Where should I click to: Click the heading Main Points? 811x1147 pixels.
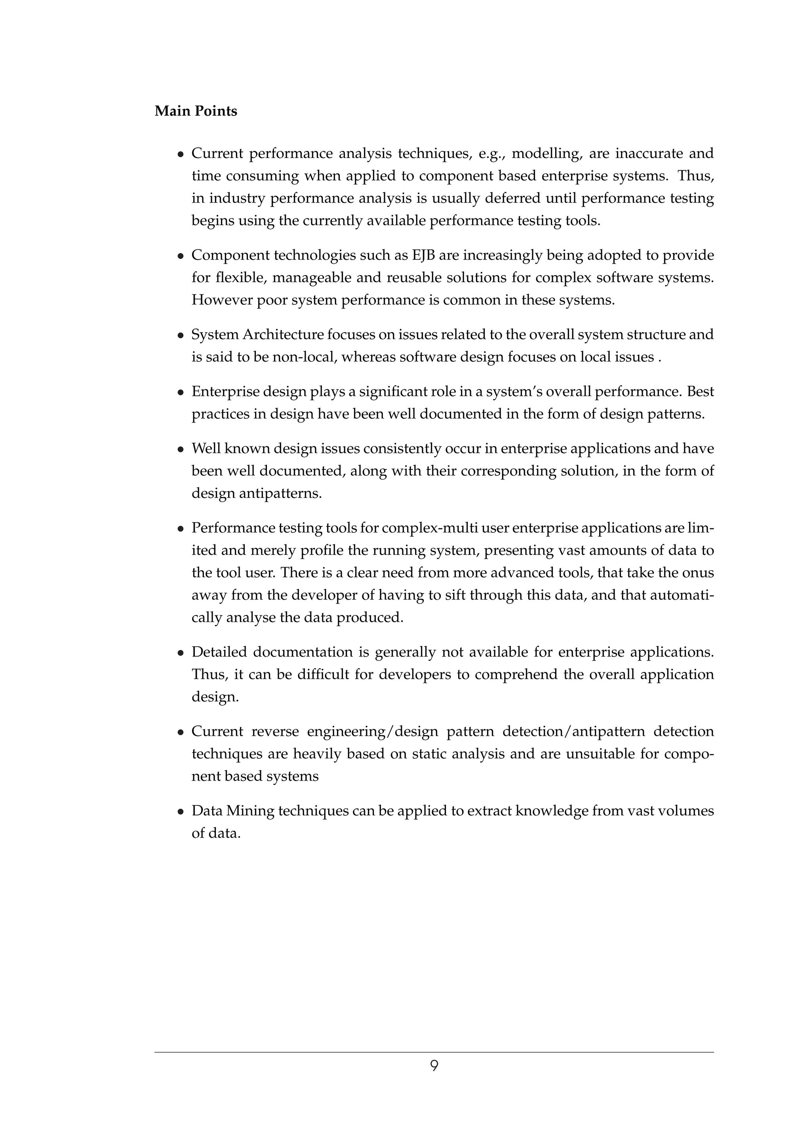point(196,111)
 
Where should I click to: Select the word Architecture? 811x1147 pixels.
point(283,335)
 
